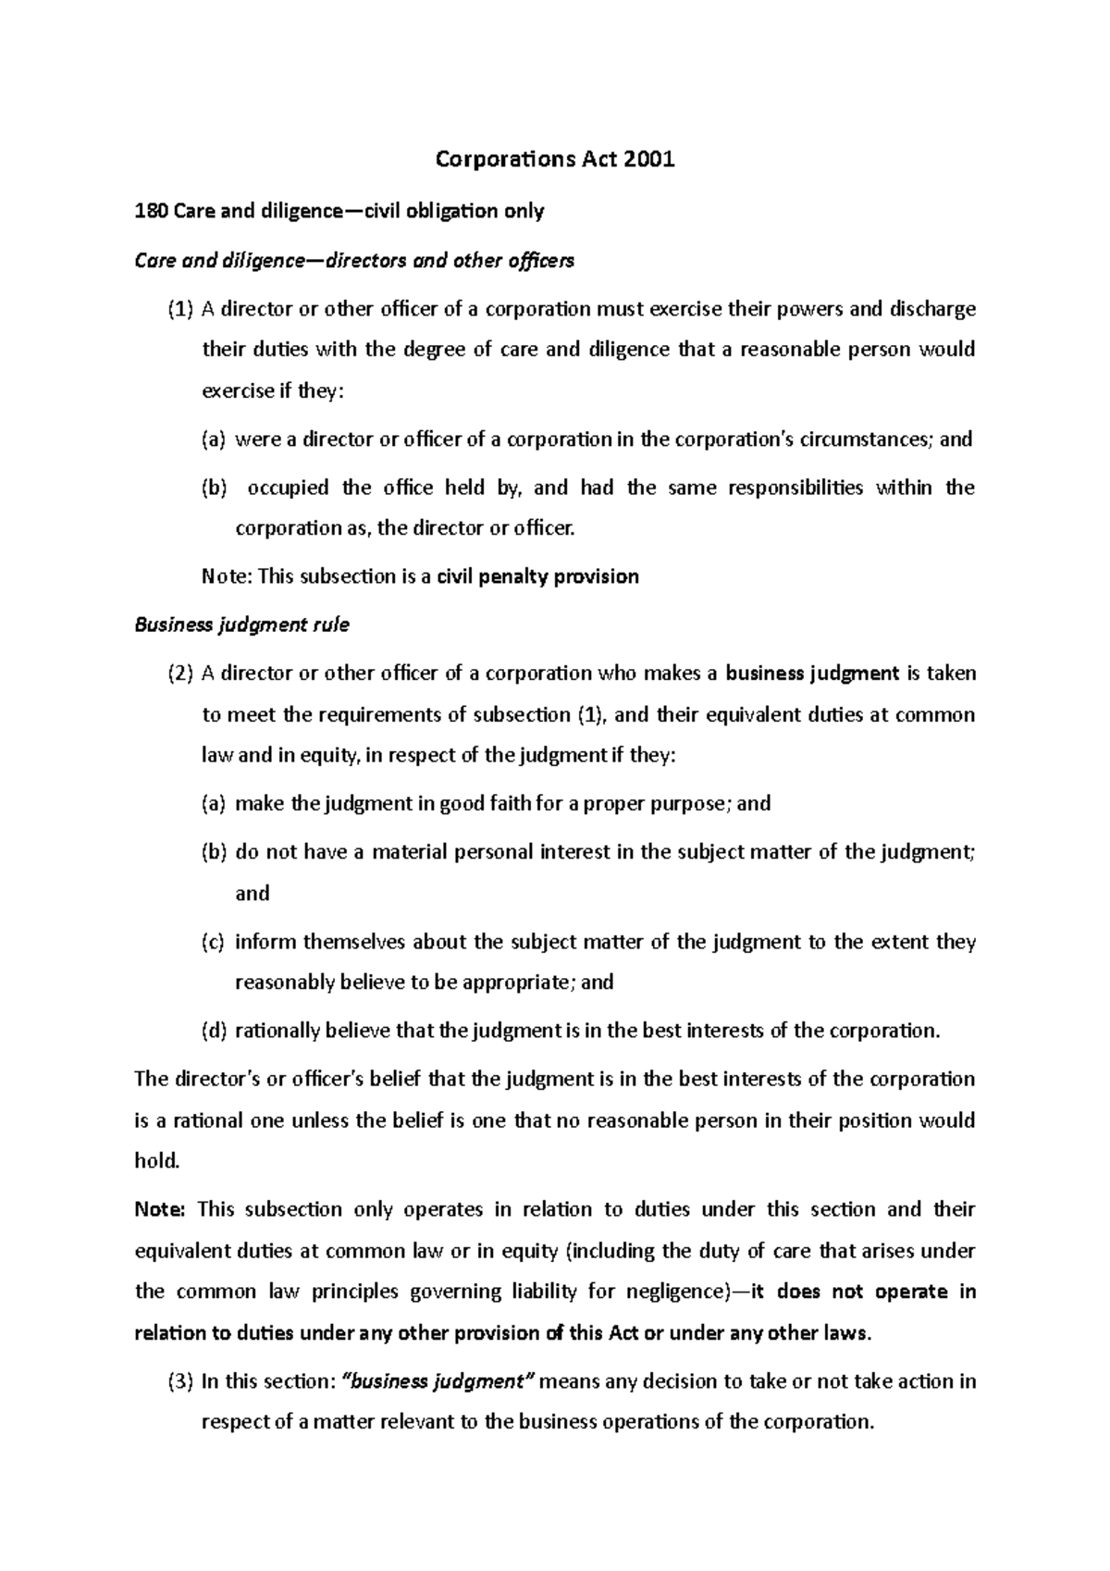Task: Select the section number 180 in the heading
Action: [x=149, y=211]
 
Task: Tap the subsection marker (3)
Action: [x=180, y=1381]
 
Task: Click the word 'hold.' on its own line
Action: [x=155, y=1160]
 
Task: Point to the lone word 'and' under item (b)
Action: [x=253, y=893]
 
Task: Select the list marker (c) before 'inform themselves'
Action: [x=213, y=942]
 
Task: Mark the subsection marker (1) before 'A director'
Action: [x=180, y=309]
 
